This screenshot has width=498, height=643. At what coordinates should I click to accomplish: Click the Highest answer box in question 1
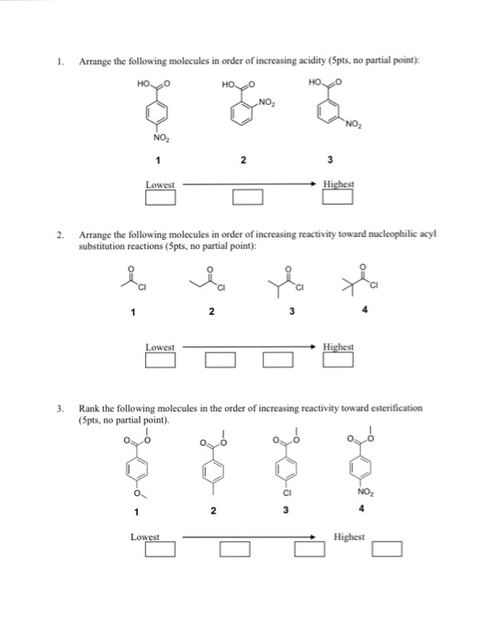[x=339, y=196]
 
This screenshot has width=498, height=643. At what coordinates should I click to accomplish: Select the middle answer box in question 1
[x=248, y=196]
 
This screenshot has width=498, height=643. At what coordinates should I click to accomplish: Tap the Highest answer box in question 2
[x=338, y=357]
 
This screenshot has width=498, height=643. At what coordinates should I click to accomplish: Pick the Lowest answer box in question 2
[x=160, y=357]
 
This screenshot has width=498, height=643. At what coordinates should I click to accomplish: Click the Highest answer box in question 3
[x=389, y=549]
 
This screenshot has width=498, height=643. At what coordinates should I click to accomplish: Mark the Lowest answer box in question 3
[x=160, y=549]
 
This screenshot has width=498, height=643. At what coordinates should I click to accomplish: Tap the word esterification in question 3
[x=396, y=407]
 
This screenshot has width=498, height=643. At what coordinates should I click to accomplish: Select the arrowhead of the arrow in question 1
[x=316, y=185]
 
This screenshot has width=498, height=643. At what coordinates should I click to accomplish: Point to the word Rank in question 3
[x=89, y=407]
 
